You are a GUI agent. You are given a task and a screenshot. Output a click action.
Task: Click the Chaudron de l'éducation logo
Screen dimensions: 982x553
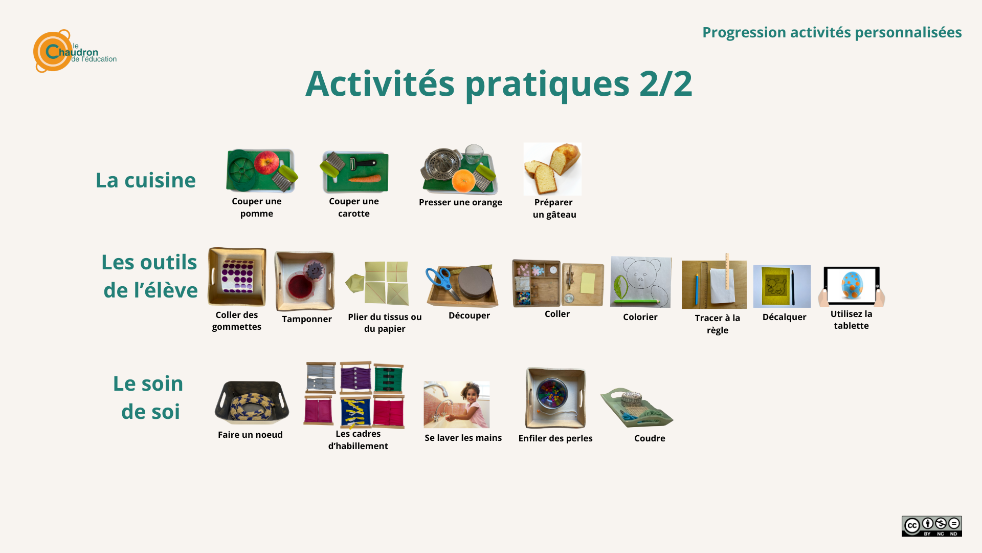coord(75,51)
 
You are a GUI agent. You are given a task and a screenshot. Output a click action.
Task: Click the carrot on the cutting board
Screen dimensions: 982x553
coord(365,179)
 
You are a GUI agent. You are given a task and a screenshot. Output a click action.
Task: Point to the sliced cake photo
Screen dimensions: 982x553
coord(552,169)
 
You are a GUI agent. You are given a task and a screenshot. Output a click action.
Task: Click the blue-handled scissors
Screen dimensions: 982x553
coord(441,282)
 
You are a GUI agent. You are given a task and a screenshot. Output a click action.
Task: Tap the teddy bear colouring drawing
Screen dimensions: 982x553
coord(640,282)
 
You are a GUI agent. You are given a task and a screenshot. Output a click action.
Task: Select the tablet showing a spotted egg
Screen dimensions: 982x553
coord(852,286)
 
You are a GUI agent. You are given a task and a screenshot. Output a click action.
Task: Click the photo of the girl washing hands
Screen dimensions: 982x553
coord(457,405)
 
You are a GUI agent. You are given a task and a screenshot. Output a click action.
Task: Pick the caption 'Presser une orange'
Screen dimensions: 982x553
coord(460,202)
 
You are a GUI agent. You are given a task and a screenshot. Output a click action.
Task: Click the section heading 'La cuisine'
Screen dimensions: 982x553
coord(146,180)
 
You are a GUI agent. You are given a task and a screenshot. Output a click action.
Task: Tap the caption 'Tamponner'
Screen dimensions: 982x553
coord(307,319)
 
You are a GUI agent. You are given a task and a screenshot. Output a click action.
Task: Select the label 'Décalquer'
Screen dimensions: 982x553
coord(784,317)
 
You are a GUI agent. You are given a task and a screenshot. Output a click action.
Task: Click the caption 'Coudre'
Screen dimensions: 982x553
coord(650,438)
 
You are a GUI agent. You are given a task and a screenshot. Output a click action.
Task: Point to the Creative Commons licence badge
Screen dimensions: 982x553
coord(932,526)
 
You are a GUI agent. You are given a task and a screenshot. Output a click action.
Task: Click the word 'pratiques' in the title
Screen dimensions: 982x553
coord(547,84)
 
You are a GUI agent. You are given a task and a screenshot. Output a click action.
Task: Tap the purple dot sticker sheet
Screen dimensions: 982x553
coord(238,276)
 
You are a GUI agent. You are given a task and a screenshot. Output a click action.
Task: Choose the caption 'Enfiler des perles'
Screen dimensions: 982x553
coord(555,438)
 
